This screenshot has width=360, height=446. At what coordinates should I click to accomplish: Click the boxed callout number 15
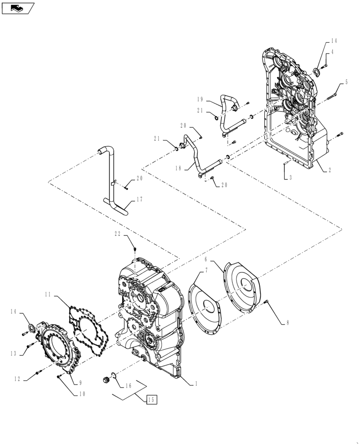tap(151, 400)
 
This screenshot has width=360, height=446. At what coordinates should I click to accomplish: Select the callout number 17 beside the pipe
tap(140, 200)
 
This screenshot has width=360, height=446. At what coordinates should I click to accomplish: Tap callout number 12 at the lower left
tap(17, 379)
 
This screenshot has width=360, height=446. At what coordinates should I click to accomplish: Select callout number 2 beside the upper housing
tap(330, 170)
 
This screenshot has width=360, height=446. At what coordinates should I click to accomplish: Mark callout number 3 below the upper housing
tap(290, 178)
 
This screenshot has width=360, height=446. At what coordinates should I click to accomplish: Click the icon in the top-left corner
tap(18, 8)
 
